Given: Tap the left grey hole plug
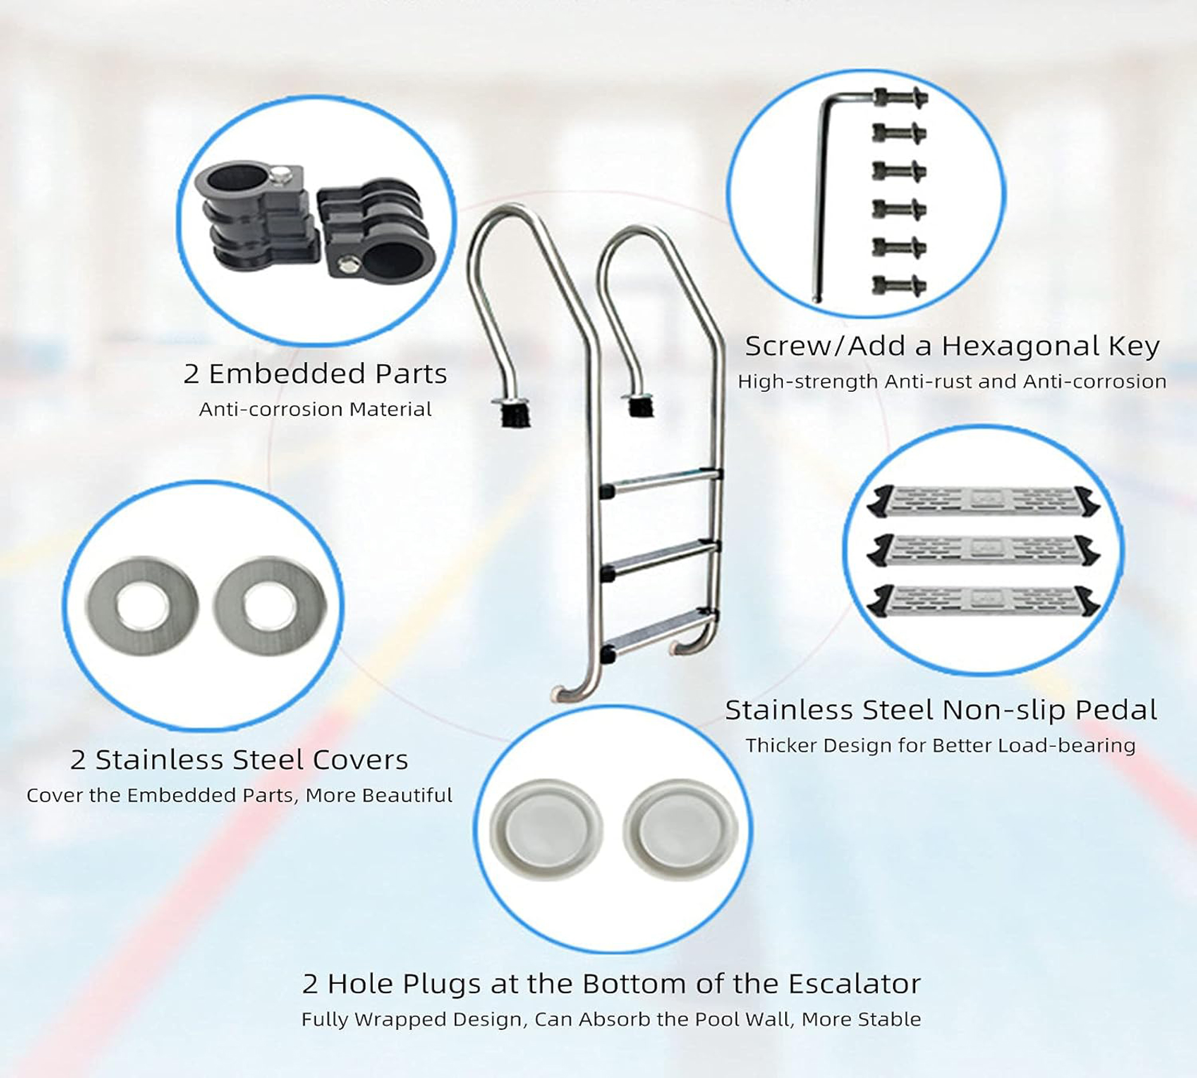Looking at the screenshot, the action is pos(546,829).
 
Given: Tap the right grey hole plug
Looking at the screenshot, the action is pos(680,829).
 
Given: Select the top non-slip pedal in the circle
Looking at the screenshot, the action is pos(983,501).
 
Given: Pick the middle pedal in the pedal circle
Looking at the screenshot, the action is pos(983,550).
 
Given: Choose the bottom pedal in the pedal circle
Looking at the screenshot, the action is pos(983,601).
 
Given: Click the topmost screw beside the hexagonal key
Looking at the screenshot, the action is pos(900,96).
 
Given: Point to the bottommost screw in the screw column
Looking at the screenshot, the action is pos(900,285).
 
